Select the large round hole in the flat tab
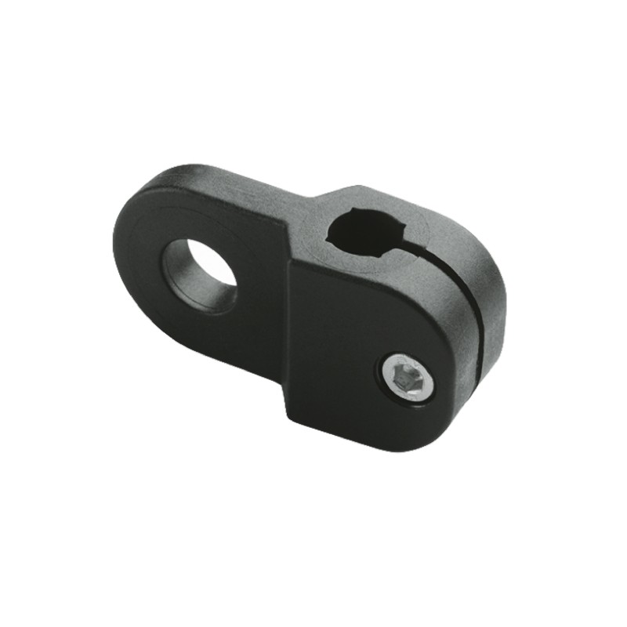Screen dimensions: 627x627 pos(199,274)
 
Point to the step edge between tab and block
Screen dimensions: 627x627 pos(288,329)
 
